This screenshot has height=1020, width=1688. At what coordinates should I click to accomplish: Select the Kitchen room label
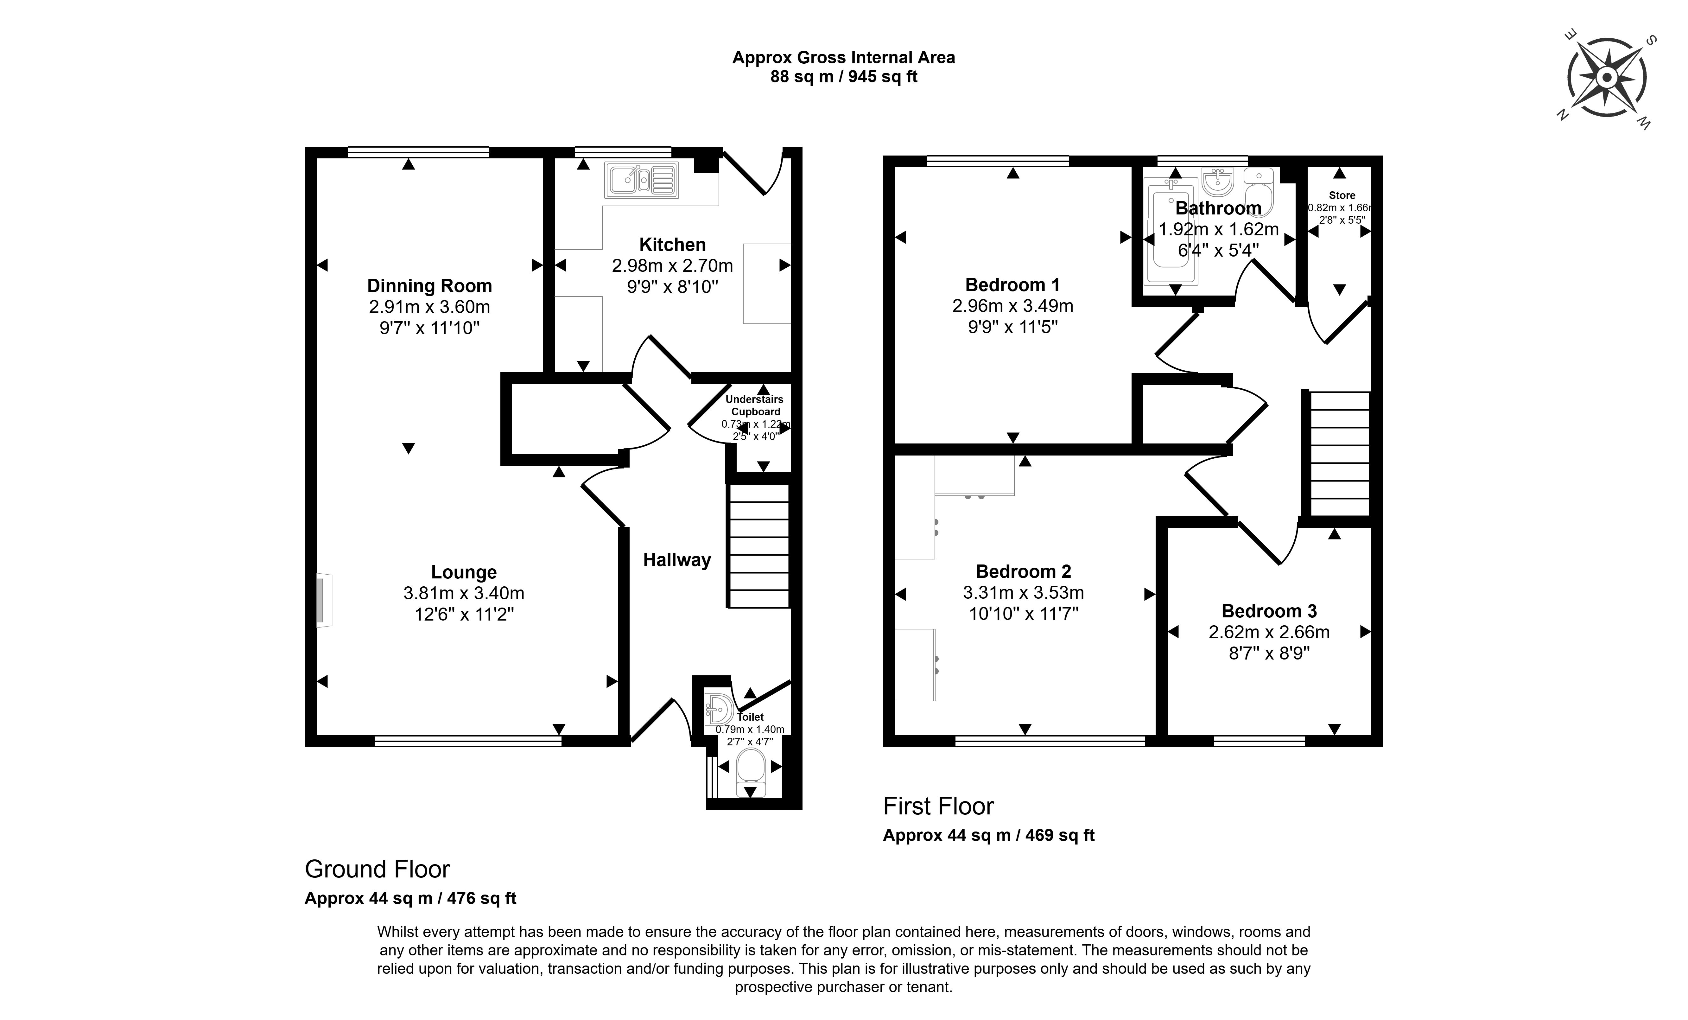pos(672,245)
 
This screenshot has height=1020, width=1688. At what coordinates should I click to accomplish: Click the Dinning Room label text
pos(429,286)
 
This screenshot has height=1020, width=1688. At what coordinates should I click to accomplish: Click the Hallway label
pos(677,560)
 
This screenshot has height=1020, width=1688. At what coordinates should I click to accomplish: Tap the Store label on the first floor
pos(1341,195)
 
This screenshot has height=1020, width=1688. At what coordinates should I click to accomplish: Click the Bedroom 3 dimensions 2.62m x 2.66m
pos(1269,632)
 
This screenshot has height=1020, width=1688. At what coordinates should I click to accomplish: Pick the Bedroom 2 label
pos(1023,571)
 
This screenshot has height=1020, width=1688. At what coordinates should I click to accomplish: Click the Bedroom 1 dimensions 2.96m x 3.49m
pos(1012,306)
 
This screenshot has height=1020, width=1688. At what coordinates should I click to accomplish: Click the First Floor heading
pos(938,806)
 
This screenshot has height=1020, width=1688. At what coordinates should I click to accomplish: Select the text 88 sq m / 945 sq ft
pos(843,77)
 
